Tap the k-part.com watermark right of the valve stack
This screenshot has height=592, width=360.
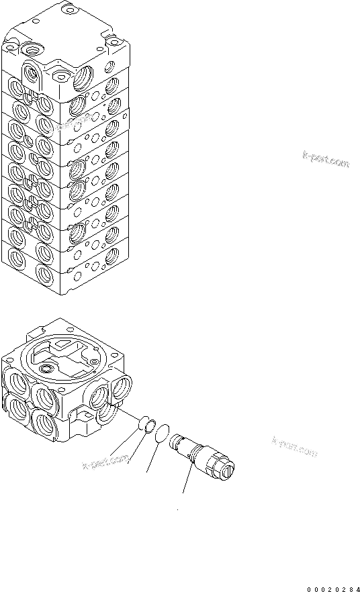point(326,161)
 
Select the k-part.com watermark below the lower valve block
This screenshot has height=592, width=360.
point(105,462)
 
